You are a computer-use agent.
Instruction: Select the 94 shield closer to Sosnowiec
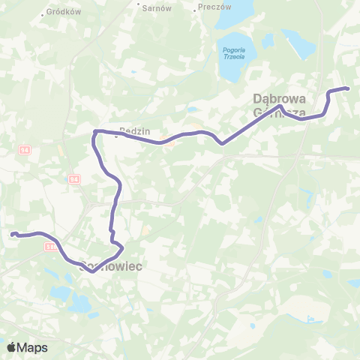click(x=73, y=180)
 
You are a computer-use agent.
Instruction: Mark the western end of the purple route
click(x=12, y=234)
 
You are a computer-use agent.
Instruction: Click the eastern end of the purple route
click(x=348, y=89)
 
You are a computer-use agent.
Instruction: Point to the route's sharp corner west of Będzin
click(x=94, y=133)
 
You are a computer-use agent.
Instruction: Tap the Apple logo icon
click(x=11, y=347)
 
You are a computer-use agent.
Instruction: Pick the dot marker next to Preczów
click(x=197, y=7)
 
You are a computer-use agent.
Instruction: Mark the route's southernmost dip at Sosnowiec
click(x=91, y=271)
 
